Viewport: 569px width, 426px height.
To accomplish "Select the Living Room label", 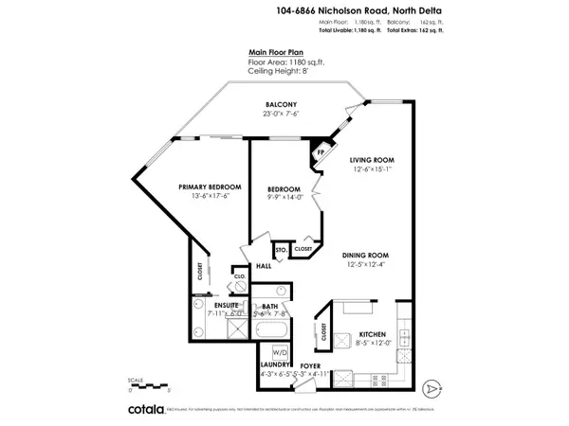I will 372,159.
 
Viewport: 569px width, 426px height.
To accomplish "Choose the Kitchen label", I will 371,335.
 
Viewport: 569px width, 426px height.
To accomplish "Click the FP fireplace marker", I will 321,151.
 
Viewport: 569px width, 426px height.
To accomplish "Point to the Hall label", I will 264,266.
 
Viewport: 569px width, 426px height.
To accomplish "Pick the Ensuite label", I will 225,306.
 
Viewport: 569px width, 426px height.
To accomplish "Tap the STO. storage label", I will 281,250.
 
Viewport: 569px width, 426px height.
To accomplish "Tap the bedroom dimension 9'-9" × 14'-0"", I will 284,198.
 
